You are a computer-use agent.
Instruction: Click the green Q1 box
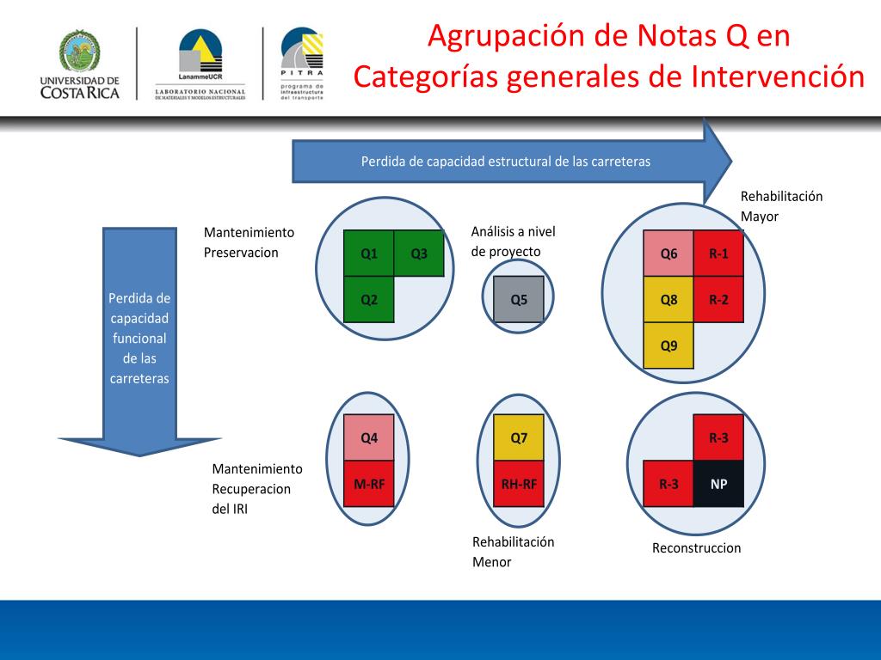click(x=369, y=254)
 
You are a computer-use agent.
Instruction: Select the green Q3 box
click(x=419, y=254)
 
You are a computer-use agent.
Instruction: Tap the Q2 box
click(x=369, y=300)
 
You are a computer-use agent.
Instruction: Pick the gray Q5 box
click(x=519, y=300)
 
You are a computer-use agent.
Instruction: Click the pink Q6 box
click(x=668, y=254)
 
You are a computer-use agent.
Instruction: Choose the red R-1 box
click(x=718, y=254)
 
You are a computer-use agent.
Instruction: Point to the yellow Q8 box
click(x=668, y=300)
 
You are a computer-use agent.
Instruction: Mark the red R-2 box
click(x=718, y=300)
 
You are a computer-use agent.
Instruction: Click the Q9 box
click(x=668, y=345)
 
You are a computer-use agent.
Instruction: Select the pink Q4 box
click(x=369, y=437)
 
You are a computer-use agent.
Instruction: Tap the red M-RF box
click(x=369, y=484)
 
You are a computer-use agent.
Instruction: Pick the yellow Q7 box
click(x=519, y=437)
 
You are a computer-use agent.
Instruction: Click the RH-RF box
click(x=519, y=484)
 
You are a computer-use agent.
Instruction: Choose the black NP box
click(x=718, y=484)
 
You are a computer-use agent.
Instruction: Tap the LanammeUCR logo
click(x=200, y=56)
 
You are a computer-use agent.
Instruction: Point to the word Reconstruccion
click(x=696, y=548)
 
